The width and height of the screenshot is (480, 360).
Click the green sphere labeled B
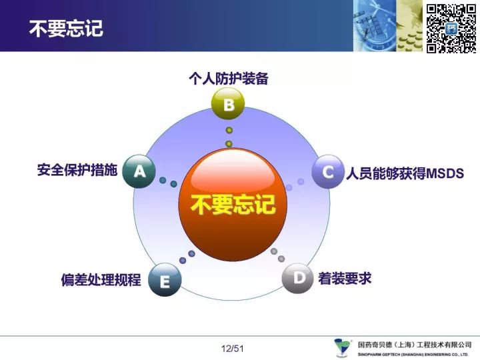coord(228,104)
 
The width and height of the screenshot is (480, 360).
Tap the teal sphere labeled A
coord(139,171)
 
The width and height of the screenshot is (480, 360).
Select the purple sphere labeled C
coord(328,171)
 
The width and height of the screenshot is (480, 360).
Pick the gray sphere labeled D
coord(298,278)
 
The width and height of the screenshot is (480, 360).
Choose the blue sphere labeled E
coord(165,280)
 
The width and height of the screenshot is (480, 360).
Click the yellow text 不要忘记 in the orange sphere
coord(233,204)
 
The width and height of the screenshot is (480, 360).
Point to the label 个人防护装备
coord(229,79)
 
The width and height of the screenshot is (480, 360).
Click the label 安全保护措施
coord(77,170)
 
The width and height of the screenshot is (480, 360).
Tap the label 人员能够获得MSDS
coord(405,173)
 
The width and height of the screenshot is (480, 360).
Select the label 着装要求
coord(345,279)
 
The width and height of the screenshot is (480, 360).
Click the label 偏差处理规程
coord(101,280)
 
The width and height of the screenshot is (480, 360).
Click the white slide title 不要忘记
coord(66,29)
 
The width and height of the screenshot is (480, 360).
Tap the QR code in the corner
coord(451,29)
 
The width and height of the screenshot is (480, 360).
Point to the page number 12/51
coord(233,349)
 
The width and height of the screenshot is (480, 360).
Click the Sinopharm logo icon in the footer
coord(342,347)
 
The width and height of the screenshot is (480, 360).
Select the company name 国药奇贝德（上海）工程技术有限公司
coord(415,345)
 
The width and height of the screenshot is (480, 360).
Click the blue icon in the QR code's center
coord(451,29)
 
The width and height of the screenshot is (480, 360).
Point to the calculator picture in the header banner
coord(373,26)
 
